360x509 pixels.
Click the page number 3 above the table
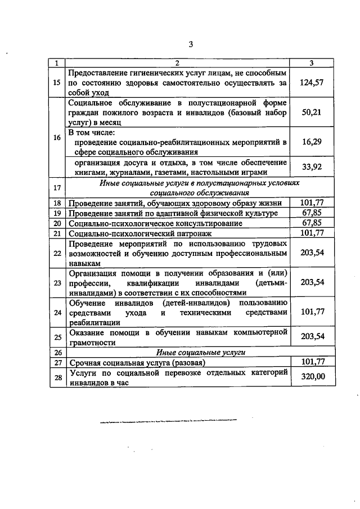191,45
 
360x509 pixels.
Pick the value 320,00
313,377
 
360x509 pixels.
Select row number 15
56,83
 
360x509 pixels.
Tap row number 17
56,187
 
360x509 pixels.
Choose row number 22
56,253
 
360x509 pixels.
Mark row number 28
56,377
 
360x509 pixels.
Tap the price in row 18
313,202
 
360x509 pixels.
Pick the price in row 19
313,213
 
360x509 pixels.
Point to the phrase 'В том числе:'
92,133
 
